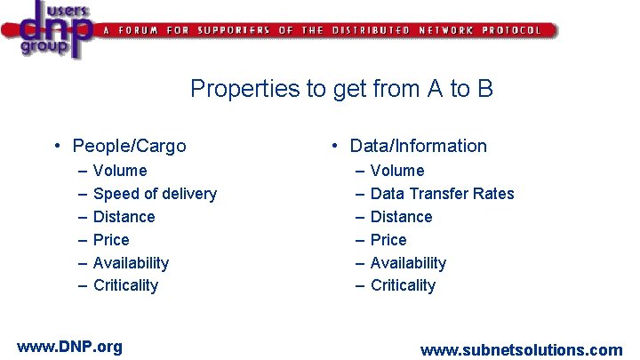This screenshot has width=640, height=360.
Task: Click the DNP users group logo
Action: coord(49,30)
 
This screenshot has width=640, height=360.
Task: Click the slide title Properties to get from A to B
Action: coord(341,89)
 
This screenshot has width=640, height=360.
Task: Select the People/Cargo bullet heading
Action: coord(129,146)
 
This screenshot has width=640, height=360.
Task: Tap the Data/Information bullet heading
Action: coord(418,146)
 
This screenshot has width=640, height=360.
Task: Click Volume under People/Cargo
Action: coord(120,171)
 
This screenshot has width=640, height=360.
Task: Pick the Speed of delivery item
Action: coord(155,194)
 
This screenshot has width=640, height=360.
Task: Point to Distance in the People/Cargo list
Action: coord(124,217)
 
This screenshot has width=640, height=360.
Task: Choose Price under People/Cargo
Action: coord(111,240)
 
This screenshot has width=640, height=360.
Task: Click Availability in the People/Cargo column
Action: coord(131,263)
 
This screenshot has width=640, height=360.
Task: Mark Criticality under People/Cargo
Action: coord(125,285)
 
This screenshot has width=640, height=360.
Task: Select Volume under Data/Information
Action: coord(397,171)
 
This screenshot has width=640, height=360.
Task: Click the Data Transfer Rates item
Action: coord(442,194)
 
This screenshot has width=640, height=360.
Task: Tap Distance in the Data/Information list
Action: coord(401,217)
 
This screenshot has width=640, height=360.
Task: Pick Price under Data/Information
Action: coord(388,240)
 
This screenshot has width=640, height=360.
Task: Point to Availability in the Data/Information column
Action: coord(408,263)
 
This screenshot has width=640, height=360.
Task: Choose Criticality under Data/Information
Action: coord(403,285)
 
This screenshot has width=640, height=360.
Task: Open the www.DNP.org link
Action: coord(69,347)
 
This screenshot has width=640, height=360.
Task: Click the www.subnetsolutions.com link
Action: coord(521,350)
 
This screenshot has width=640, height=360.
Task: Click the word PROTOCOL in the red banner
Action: coord(511,30)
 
